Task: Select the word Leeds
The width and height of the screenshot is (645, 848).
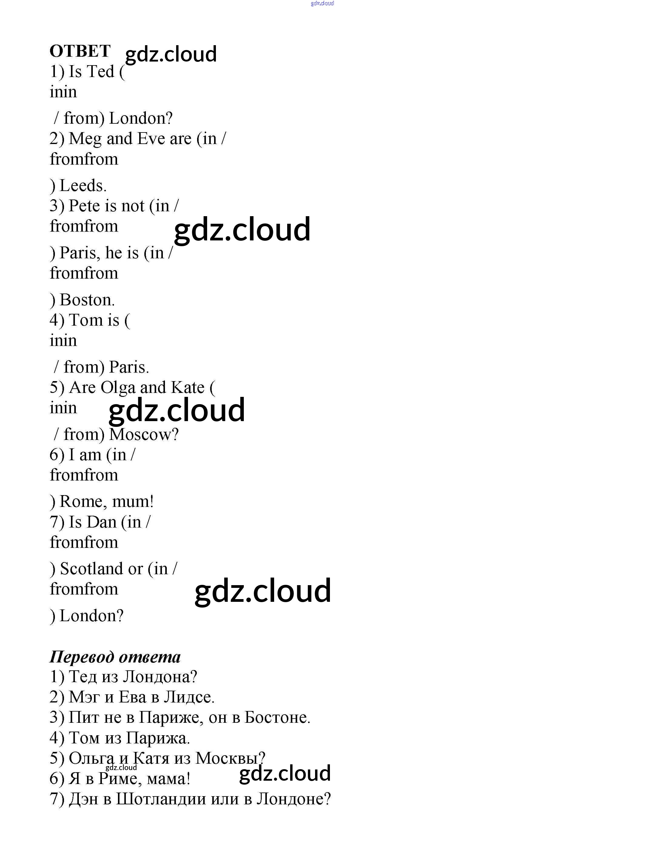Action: [82, 186]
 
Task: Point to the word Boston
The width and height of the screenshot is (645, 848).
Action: [87, 300]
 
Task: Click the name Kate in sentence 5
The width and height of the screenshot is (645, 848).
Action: [187, 388]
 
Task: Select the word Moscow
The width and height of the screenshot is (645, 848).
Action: [144, 434]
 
